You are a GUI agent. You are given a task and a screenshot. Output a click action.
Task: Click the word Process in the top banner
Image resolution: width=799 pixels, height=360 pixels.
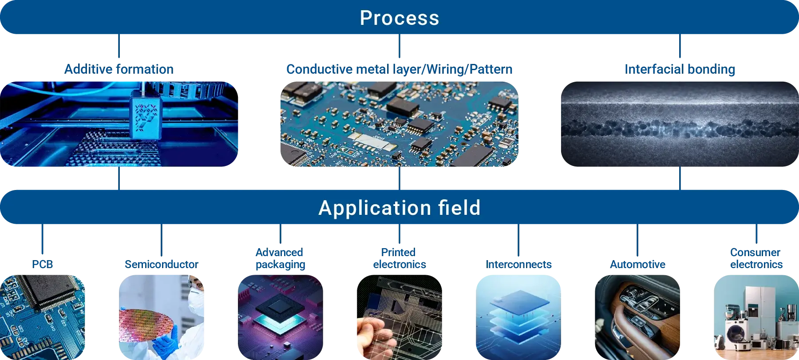tap(399, 18)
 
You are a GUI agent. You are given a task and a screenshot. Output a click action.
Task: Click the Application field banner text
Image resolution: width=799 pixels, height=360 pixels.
tap(399, 208)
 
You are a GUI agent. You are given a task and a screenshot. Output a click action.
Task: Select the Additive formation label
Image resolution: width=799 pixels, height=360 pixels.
tap(119, 69)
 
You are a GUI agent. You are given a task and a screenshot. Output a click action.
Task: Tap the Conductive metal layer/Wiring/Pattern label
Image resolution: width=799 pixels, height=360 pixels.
tap(399, 69)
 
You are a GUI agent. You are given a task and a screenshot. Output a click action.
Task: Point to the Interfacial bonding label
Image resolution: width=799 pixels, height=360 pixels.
tap(680, 69)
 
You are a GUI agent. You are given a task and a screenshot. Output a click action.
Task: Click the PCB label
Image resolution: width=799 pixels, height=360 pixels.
tap(43, 265)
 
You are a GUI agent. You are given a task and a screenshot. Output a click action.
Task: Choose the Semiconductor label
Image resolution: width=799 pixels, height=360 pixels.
tap(162, 265)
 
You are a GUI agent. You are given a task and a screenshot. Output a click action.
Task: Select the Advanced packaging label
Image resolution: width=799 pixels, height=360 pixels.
tap(280, 258)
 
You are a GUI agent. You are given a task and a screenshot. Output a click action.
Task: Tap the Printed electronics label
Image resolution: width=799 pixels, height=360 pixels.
tap(399, 258)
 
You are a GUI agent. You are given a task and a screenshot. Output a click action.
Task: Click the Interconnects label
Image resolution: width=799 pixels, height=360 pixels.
tap(518, 265)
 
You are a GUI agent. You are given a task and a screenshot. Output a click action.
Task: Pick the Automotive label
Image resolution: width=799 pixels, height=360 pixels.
tap(637, 265)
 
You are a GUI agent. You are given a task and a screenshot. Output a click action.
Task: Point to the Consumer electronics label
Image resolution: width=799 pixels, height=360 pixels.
tap(756, 258)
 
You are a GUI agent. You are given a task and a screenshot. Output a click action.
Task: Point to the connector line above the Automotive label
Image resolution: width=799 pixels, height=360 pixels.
tap(637, 240)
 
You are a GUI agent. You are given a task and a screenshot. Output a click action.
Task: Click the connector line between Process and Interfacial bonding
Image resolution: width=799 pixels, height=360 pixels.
tap(680, 46)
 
